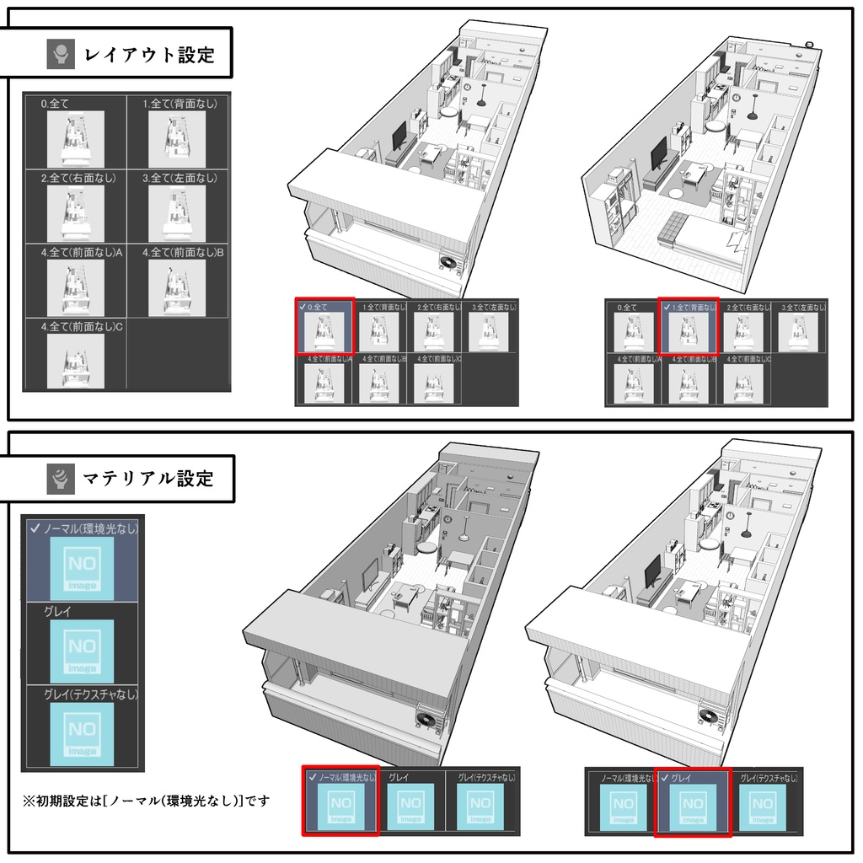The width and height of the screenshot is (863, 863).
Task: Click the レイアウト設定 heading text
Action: point(149,56)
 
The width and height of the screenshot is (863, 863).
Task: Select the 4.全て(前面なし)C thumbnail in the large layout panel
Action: point(75,361)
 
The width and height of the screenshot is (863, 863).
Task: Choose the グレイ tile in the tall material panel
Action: point(82,649)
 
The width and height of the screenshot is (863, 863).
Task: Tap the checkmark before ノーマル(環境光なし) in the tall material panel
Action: point(35,528)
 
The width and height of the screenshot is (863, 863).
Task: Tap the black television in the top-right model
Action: point(658,154)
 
